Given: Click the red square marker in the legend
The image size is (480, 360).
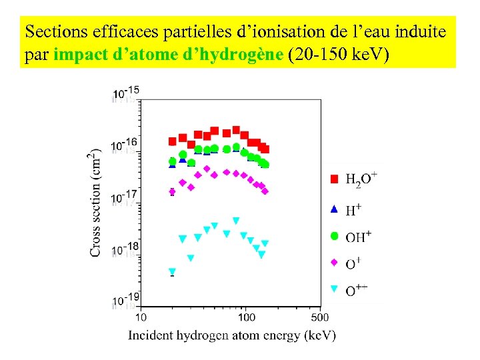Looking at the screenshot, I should click(335, 179).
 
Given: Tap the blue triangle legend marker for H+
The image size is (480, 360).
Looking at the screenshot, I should click(335, 209).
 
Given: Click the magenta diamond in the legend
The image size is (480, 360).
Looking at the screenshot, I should click(335, 263).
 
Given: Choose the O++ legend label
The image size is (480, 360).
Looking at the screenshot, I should click(357, 289).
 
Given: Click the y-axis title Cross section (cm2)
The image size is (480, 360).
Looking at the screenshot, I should click(96, 201).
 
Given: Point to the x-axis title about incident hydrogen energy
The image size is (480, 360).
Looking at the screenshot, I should click(232, 335).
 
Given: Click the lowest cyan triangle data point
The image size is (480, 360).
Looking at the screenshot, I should click(172, 272).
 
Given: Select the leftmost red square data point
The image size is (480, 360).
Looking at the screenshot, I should click(172, 141).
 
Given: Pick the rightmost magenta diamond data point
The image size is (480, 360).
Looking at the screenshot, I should click(265, 191).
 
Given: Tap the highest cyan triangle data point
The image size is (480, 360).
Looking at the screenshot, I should click(236, 221).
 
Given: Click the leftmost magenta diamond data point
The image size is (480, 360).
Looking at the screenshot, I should click(172, 192).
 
